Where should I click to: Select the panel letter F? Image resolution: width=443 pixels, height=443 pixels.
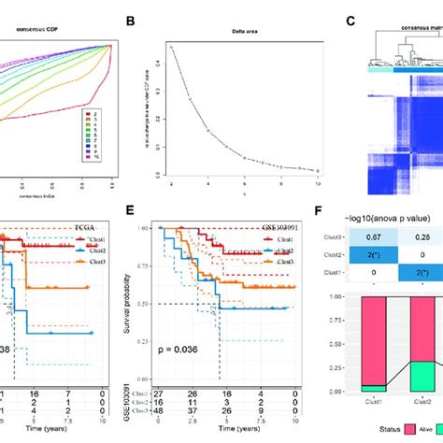[x=350, y=211]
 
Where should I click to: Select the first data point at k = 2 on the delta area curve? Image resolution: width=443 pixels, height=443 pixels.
[x=171, y=46]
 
